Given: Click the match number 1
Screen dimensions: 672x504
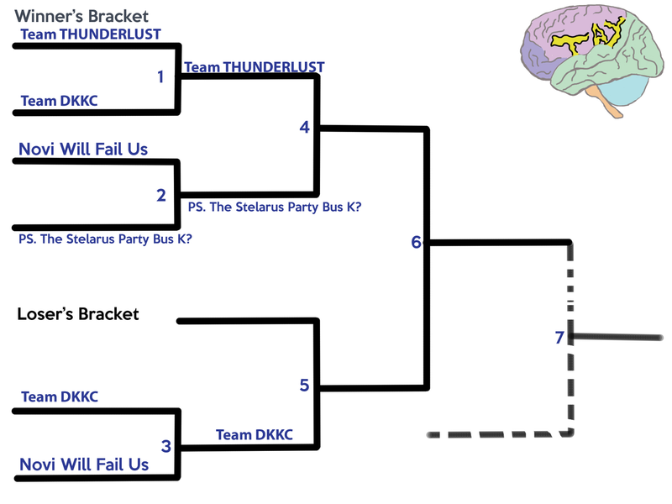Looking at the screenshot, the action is click(160, 76).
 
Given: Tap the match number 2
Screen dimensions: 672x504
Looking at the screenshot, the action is click(161, 196).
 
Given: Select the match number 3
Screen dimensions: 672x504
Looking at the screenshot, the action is click(165, 446).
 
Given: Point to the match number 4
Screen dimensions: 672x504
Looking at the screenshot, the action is click(304, 127).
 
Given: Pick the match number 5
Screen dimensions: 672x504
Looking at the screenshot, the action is click(304, 386).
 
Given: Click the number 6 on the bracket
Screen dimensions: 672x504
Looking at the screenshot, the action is click(416, 242).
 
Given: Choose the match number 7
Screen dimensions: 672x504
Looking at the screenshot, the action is click(559, 338).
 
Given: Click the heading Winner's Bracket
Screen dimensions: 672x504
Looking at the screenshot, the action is click(81, 16).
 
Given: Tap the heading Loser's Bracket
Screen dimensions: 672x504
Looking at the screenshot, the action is click(78, 314).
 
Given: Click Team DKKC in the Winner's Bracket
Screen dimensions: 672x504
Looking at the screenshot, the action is click(59, 101).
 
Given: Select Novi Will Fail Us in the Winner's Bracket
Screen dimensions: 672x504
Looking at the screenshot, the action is click(83, 150).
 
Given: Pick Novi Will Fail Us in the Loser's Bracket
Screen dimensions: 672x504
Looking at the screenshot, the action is click(84, 465).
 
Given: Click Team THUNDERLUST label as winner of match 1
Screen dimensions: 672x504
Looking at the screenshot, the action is click(255, 67).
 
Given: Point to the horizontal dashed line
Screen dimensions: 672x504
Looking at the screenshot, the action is click(496, 434).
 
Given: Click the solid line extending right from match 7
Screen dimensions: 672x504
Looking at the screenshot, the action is click(617, 338).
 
